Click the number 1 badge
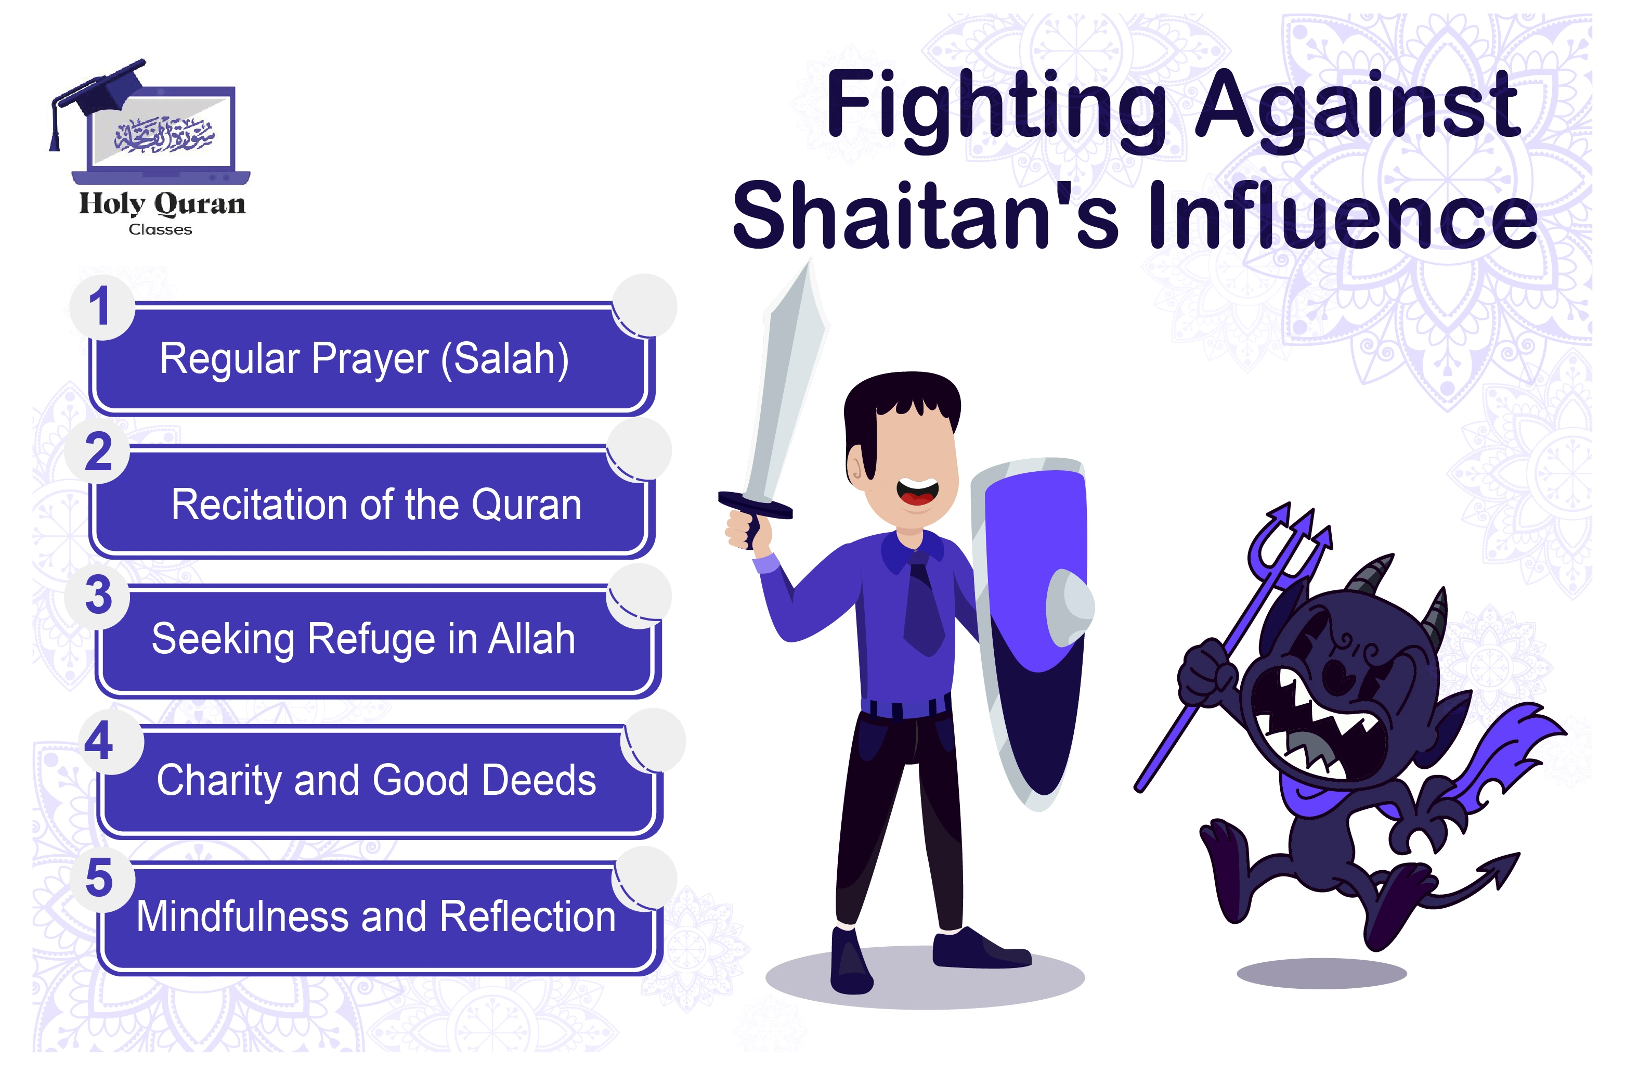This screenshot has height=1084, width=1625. tap(100, 306)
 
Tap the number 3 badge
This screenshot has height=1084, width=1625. tap(98, 595)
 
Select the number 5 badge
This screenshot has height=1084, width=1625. tap(99, 879)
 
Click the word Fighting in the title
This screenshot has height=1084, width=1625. tap(996, 106)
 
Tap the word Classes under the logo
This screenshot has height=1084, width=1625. tap(160, 229)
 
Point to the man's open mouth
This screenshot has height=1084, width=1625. tap(917, 492)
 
